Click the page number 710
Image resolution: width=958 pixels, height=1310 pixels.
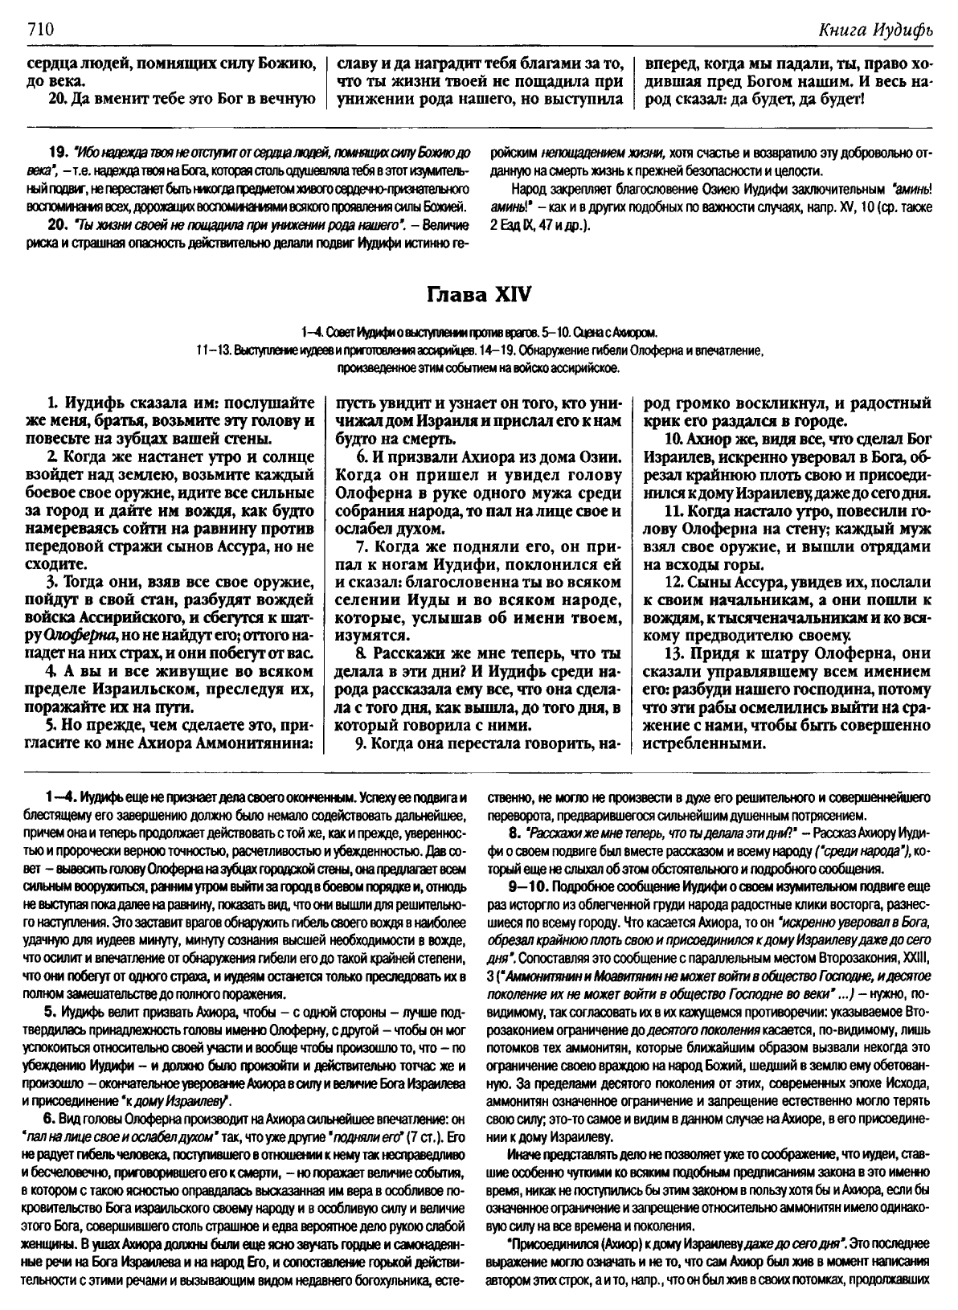coord(39,30)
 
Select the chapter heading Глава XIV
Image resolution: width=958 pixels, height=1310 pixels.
coord(478,294)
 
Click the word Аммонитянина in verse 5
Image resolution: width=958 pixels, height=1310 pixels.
coord(256,743)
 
